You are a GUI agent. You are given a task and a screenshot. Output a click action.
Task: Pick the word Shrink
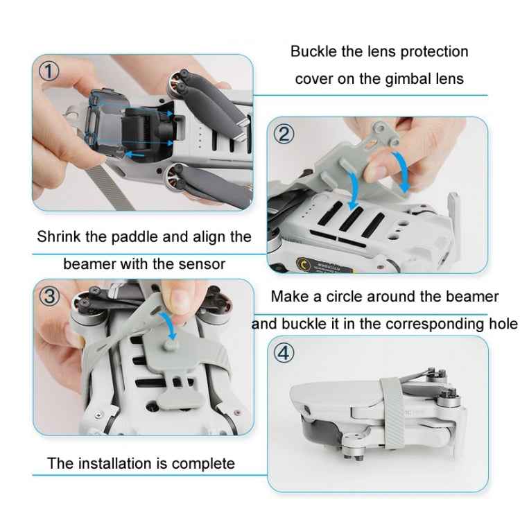pos(60,236)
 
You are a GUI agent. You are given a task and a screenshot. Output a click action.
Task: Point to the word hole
pos(502,324)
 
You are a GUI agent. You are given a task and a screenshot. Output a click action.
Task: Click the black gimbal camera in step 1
pos(142,126)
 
